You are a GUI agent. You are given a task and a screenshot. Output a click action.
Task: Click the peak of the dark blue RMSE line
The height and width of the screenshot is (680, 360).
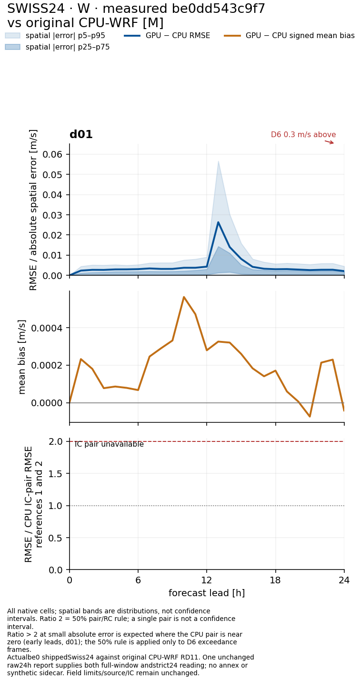click(218, 222)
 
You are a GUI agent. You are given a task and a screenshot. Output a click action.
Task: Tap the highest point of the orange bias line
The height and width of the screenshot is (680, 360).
click(184, 297)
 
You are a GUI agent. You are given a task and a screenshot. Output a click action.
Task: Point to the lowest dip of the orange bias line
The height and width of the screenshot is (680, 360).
click(310, 417)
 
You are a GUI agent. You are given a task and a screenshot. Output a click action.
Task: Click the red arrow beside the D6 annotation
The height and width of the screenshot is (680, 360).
click(329, 142)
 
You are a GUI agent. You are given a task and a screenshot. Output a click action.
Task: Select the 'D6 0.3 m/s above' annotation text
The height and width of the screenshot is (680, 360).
click(303, 134)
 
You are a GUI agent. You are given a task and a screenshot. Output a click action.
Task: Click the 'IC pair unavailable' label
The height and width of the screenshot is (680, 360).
click(109, 444)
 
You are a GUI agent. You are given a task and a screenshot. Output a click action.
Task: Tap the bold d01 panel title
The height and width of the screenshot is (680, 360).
click(81, 134)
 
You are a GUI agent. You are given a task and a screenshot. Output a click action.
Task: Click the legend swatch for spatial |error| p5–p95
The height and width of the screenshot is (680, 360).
click(12, 36)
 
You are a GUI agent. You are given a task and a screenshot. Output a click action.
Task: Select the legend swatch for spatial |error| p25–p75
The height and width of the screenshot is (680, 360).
click(12, 47)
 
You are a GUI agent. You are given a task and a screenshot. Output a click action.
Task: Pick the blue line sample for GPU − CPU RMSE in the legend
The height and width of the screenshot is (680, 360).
click(132, 36)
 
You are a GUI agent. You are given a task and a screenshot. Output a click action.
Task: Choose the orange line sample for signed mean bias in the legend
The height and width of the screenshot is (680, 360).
click(232, 36)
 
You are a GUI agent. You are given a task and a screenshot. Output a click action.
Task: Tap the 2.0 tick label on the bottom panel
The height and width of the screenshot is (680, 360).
click(56, 441)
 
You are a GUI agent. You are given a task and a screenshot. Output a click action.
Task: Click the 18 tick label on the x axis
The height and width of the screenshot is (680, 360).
click(275, 580)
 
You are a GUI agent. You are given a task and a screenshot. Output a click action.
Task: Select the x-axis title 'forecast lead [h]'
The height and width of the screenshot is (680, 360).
click(207, 593)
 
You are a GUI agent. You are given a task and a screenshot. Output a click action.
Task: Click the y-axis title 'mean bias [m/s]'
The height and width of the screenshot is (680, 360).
click(22, 357)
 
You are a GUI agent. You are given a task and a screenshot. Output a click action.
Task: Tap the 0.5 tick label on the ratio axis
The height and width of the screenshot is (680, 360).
click(56, 538)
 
